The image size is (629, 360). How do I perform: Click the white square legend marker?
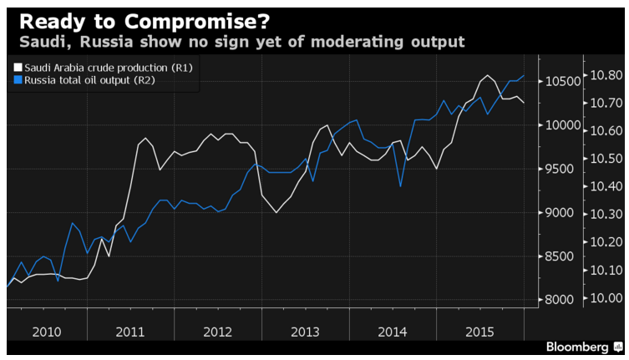(x=18, y=67)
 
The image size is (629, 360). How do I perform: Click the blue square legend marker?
(x=18, y=80)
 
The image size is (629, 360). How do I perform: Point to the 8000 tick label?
(x=562, y=300)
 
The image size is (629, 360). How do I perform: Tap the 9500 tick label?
(x=562, y=169)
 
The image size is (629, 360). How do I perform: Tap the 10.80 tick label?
(x=606, y=75)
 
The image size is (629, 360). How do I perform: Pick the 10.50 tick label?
(x=606, y=159)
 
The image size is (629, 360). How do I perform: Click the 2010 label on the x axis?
(x=47, y=332)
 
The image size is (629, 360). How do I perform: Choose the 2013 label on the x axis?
(x=305, y=332)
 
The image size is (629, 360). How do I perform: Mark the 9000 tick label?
(x=562, y=213)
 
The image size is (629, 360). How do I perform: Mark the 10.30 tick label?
(x=606, y=215)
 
